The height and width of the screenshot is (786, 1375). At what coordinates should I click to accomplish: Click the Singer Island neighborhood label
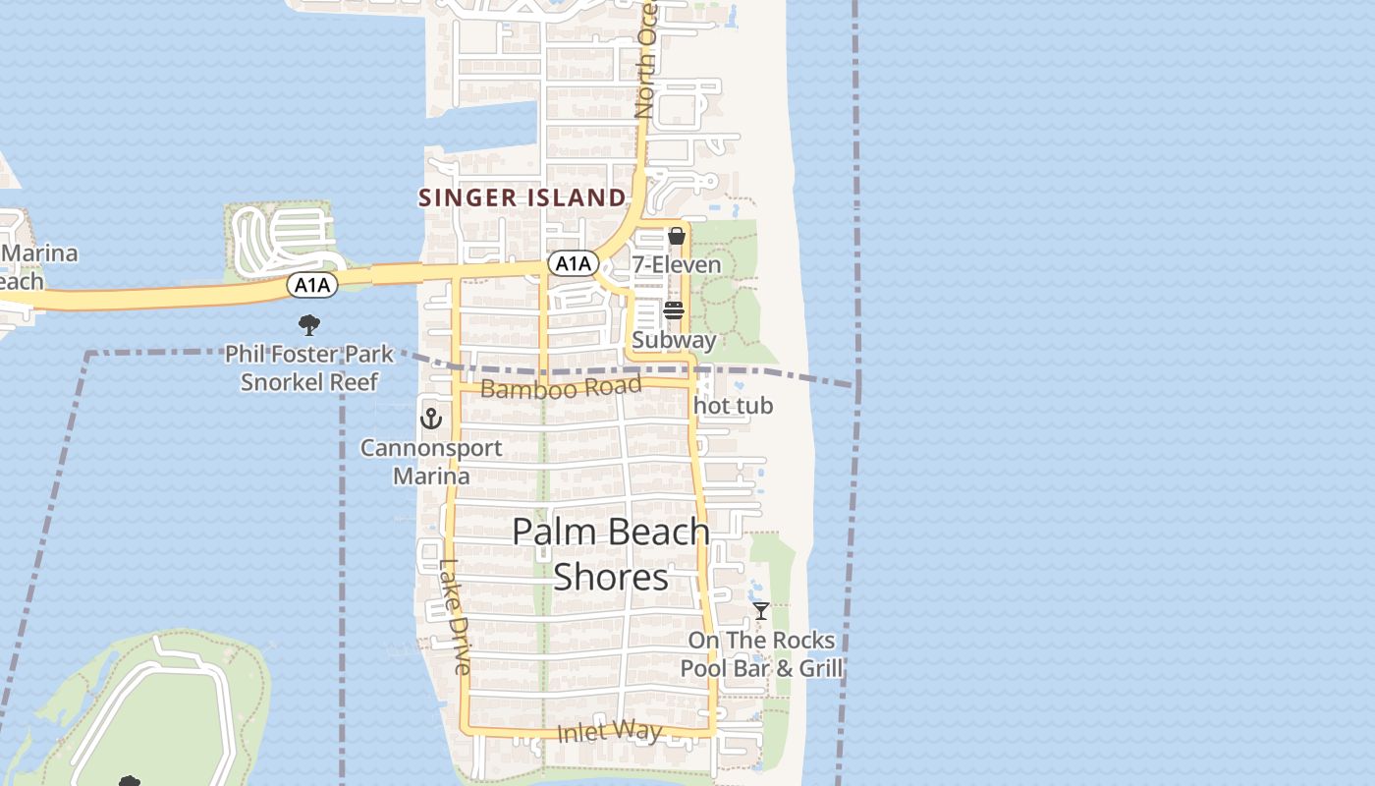pyautogui.click(x=522, y=197)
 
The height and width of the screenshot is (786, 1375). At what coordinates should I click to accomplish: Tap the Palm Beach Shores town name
pyautogui.click(x=611, y=554)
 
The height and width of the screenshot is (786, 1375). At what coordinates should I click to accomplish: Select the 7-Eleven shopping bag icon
pyautogui.click(x=676, y=237)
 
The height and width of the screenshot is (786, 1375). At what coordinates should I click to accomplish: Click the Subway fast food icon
pyautogui.click(x=674, y=310)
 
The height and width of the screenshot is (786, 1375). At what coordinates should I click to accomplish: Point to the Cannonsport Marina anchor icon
pyautogui.click(x=430, y=419)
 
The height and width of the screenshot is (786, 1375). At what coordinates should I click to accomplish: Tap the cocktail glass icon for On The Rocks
pyautogui.click(x=761, y=611)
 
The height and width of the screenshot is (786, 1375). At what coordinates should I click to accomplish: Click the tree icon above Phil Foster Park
pyautogui.click(x=309, y=324)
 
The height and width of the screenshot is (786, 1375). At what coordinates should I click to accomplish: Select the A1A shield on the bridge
pyautogui.click(x=312, y=285)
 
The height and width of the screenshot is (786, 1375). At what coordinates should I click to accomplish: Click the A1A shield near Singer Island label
pyautogui.click(x=573, y=263)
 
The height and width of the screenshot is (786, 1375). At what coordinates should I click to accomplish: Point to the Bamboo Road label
pyautogui.click(x=561, y=388)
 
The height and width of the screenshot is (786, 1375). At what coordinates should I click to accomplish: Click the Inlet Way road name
pyautogui.click(x=609, y=732)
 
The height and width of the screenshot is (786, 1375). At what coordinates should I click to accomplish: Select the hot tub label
pyautogui.click(x=734, y=406)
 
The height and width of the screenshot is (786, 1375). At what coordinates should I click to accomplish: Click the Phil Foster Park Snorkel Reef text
pyautogui.click(x=309, y=367)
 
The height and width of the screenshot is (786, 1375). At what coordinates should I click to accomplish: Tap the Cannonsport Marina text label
pyautogui.click(x=431, y=462)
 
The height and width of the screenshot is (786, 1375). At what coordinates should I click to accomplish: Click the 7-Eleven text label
pyautogui.click(x=676, y=264)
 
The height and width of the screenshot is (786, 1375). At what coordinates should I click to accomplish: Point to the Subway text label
pyautogui.click(x=674, y=340)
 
